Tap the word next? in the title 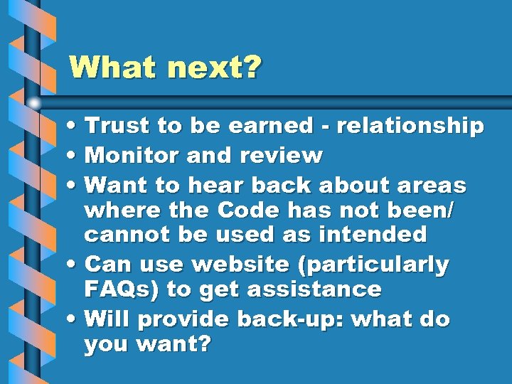point(215,69)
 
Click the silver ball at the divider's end point(34,102)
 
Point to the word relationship point(410,127)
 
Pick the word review point(282,155)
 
